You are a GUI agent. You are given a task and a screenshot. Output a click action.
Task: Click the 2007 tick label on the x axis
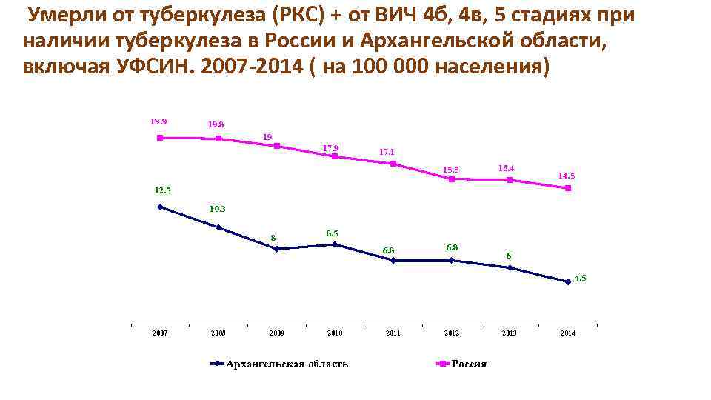(x=160, y=333)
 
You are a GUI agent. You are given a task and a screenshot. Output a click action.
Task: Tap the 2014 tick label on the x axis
(x=567, y=333)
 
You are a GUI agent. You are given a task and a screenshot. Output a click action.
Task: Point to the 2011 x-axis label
(x=393, y=333)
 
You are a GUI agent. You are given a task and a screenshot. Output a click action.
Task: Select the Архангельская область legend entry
(x=286, y=364)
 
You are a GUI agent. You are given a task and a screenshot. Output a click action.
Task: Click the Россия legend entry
(x=469, y=364)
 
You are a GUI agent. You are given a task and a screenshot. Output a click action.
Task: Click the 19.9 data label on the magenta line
(x=158, y=121)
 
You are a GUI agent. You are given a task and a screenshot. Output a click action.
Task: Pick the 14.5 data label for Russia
(x=567, y=176)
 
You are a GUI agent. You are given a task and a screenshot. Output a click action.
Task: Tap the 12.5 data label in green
(x=162, y=190)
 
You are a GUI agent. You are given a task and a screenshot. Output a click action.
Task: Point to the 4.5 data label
(x=579, y=278)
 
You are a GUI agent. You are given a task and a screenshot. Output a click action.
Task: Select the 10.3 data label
(x=218, y=209)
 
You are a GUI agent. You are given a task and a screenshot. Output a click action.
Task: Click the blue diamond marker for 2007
(x=160, y=207)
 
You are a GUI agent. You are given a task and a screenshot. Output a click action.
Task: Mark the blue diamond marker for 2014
(x=567, y=281)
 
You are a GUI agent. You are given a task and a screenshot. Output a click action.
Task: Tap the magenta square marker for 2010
(x=335, y=156)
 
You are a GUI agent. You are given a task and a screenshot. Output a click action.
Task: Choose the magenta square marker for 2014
(x=567, y=188)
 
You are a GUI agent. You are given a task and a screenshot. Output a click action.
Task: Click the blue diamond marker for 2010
(x=335, y=244)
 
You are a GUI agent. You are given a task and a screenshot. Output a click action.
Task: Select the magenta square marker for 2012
(x=451, y=179)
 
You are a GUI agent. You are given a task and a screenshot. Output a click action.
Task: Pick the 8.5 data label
(x=333, y=233)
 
